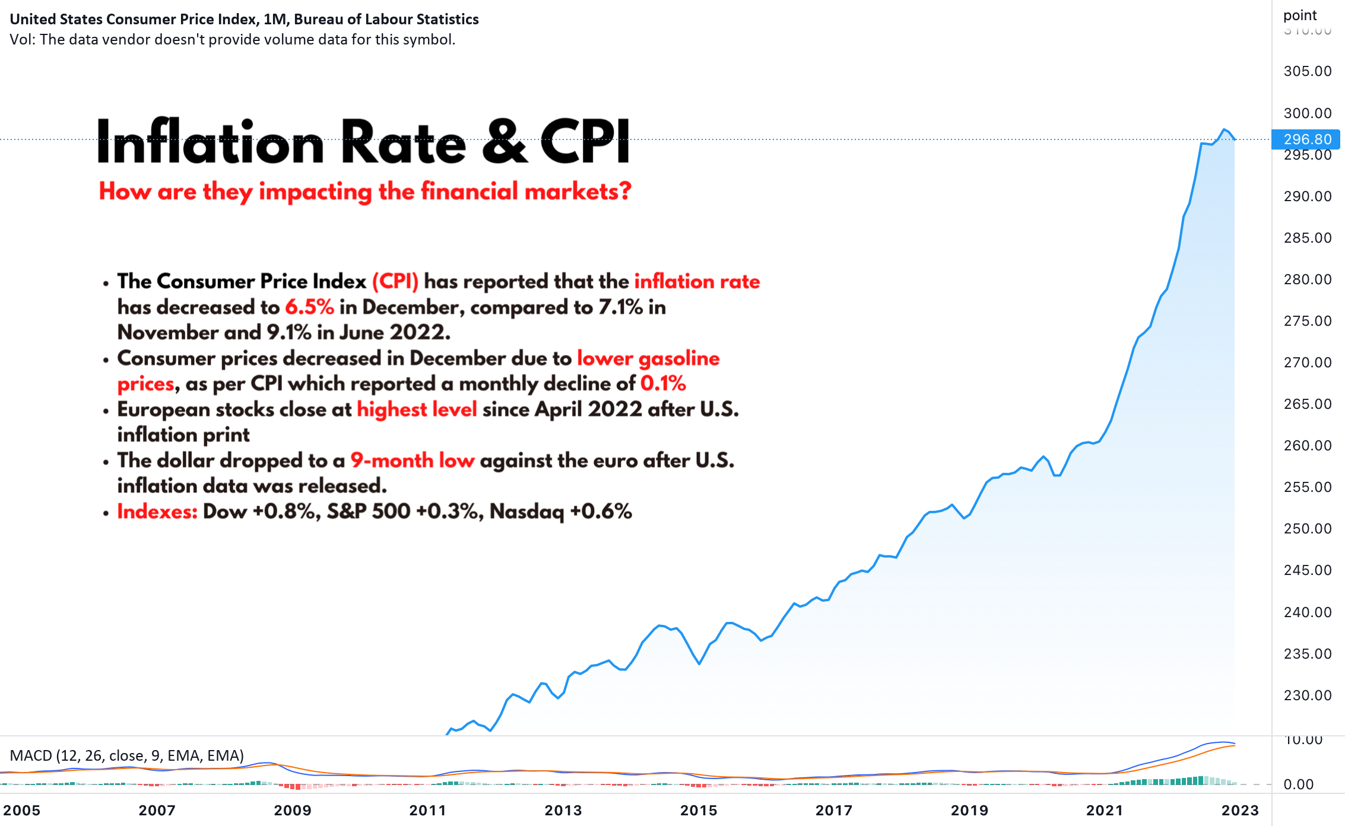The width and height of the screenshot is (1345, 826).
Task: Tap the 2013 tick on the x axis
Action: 563,810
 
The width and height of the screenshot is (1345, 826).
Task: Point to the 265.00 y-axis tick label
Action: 1308,404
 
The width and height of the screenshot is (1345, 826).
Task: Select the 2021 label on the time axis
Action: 1105,810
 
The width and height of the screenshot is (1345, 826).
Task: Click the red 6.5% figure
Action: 309,307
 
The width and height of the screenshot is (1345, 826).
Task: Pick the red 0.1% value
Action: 663,384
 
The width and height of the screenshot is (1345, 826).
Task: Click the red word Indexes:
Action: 157,512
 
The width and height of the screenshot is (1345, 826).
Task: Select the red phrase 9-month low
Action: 413,460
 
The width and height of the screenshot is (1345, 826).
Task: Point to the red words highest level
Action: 417,409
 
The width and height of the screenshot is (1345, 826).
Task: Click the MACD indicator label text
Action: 127,755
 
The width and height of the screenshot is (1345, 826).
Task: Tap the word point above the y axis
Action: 1300,15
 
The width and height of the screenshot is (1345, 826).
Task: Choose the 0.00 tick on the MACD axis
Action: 1299,784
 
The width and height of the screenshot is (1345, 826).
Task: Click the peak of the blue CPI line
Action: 1224,129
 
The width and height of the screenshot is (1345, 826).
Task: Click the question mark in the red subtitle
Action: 624,192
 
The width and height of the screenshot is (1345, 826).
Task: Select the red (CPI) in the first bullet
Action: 395,281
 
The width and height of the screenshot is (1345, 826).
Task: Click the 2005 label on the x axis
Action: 22,810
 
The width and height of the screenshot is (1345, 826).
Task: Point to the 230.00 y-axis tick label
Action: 1308,695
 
